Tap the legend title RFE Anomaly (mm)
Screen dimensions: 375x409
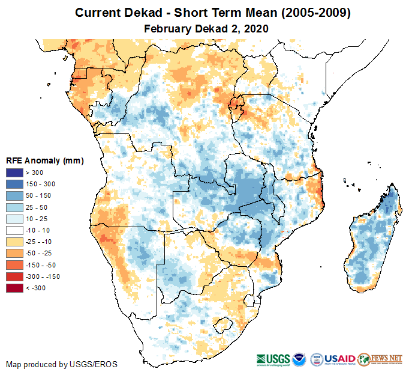(x=45, y=160)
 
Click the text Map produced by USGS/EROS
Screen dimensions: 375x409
(x=62, y=364)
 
